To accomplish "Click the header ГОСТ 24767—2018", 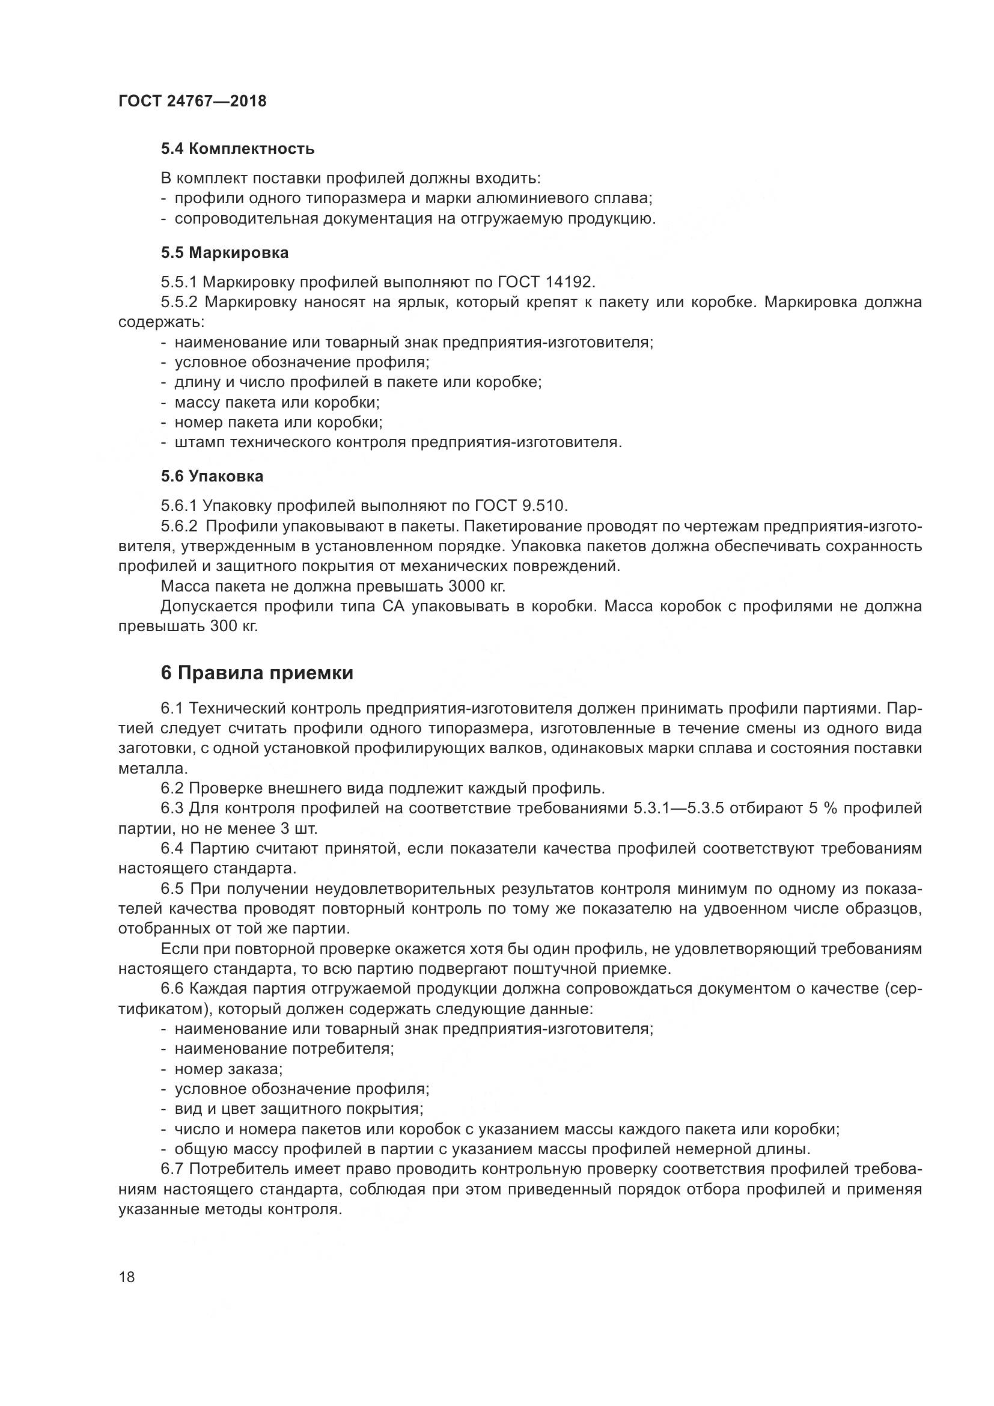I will click(x=192, y=101).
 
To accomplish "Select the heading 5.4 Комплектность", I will click(x=237, y=148).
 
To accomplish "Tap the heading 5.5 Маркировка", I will click(x=225, y=252).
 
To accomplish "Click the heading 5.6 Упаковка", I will click(x=212, y=476).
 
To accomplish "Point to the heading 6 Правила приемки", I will click(x=257, y=673).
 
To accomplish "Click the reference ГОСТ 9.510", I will click(x=522, y=506).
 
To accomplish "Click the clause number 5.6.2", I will click(x=179, y=526).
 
